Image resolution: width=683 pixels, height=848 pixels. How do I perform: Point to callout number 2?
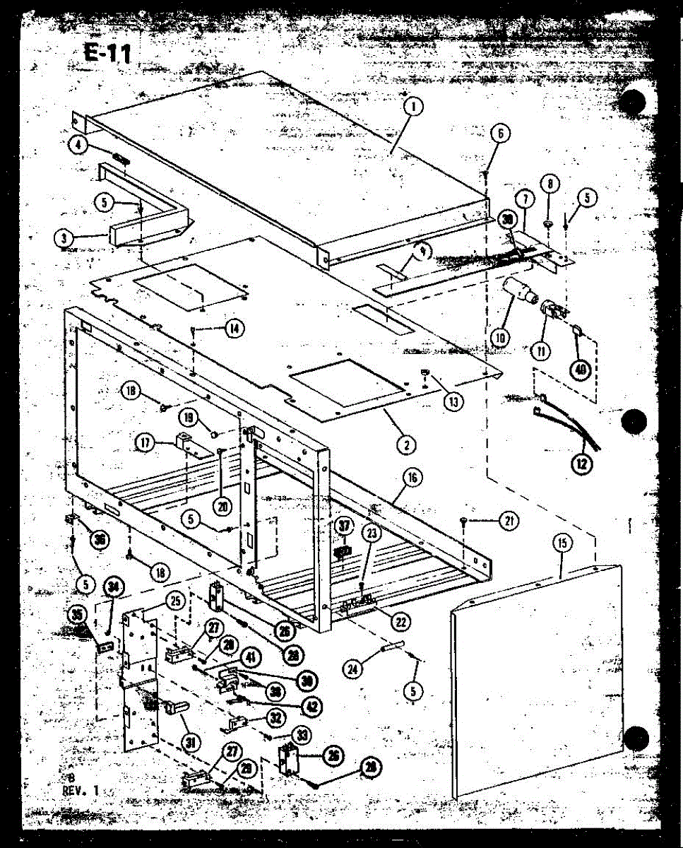[405, 444]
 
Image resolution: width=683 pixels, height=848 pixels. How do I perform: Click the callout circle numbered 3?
[64, 237]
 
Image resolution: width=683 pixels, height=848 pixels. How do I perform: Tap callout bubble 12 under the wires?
[583, 464]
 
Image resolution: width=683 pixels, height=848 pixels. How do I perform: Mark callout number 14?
[233, 327]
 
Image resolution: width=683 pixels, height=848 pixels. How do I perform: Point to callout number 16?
[412, 478]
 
